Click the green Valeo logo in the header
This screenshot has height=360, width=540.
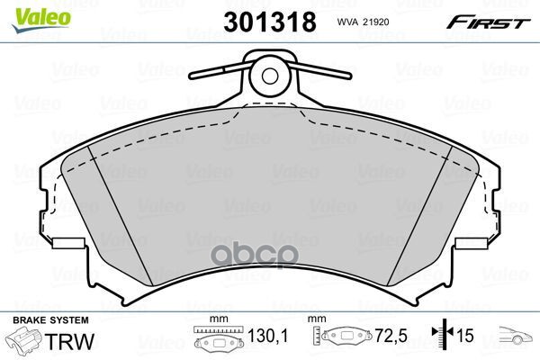point(41,19)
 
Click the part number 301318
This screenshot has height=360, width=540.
point(270,22)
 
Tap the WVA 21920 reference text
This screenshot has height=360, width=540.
point(363,22)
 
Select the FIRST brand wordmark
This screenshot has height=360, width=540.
point(488,22)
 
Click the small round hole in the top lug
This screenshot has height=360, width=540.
point(269,76)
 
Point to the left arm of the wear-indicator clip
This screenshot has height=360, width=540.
point(221,70)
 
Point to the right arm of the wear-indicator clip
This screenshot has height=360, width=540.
point(320,70)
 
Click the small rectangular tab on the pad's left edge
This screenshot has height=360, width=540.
point(69,243)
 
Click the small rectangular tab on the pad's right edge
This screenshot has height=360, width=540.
point(471,243)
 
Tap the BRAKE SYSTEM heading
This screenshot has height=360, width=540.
point(50,320)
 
